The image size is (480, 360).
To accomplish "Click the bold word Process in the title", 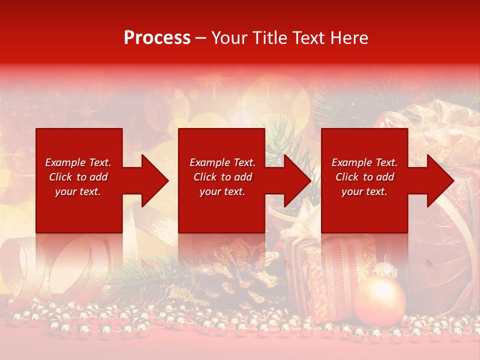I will point(157,38).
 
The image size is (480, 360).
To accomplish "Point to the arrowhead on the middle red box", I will point(296,180).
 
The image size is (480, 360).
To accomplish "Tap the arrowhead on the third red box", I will point(439,180).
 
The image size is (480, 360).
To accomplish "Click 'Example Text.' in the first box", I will point(78,162).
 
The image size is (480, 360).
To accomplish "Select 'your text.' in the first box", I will point(78,191).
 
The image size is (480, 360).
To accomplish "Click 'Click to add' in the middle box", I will point(222,177).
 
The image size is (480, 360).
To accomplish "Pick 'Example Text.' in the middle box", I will point(222,162).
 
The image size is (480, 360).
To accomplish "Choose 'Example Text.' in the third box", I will point(364,162).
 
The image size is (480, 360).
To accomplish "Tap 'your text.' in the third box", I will point(364,191).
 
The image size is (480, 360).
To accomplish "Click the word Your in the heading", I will point(229,38).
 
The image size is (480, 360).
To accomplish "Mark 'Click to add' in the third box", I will point(364,177).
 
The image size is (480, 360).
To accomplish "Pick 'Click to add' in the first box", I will point(78,177).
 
